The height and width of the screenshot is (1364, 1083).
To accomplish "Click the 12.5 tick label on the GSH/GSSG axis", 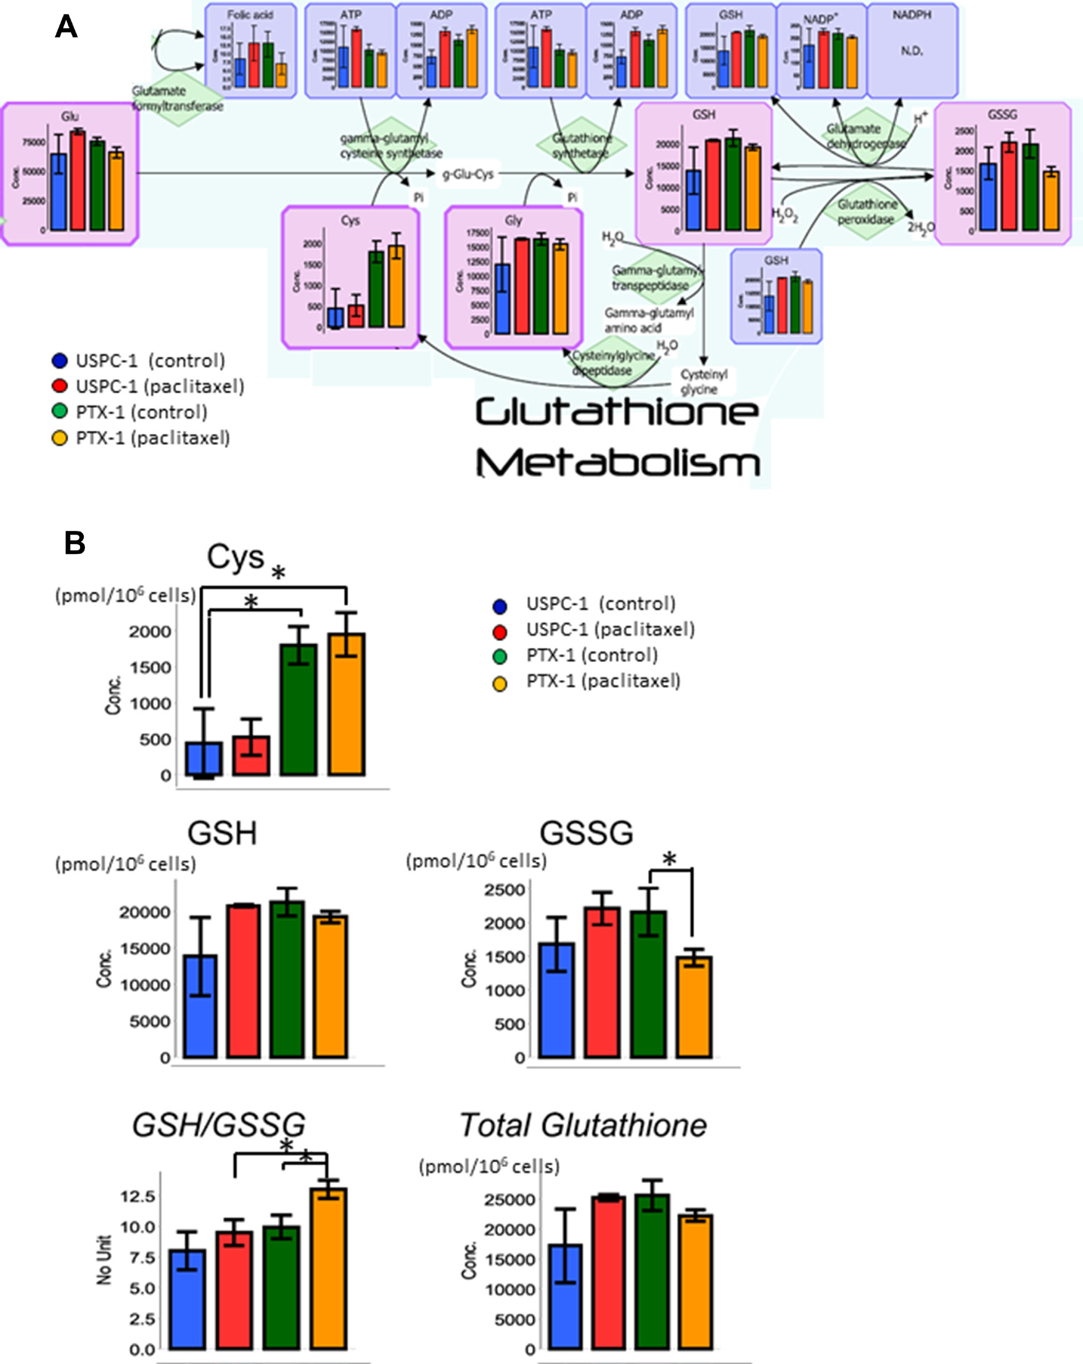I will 137,1196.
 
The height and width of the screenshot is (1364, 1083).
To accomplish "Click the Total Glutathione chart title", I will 583,1125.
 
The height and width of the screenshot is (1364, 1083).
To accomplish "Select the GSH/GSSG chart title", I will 218,1125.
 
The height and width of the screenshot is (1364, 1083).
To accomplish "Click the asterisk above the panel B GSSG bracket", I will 670,860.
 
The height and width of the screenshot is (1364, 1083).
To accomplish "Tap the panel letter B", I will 75,543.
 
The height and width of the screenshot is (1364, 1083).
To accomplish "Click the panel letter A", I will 66,27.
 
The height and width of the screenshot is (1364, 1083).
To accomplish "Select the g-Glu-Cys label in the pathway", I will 468,174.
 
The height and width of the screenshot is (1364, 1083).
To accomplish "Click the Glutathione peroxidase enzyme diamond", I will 868,212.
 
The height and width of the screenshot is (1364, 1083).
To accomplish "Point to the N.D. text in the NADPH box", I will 912,51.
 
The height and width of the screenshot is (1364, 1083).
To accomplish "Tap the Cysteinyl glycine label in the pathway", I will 703,382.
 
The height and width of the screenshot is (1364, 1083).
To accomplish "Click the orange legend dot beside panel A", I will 59,438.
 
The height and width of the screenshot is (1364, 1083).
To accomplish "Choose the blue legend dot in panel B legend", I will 500,606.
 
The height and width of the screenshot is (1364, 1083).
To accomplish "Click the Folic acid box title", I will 250,14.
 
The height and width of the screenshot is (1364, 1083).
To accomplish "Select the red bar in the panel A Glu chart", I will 78,180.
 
